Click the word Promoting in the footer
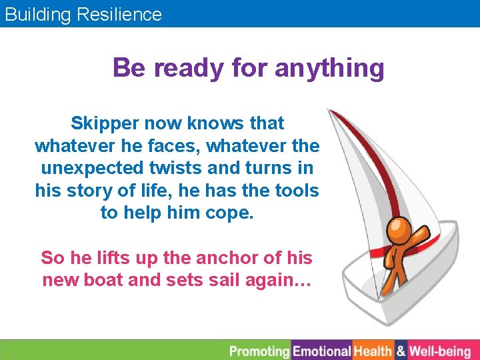tap(259, 351)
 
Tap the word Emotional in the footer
tap(322, 351)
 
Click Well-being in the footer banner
tap(440, 351)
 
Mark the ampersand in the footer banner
tap(401, 351)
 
